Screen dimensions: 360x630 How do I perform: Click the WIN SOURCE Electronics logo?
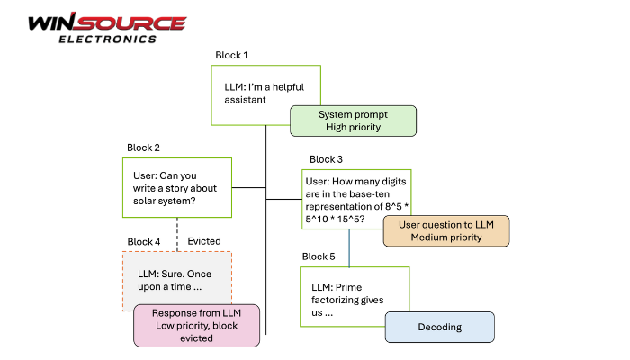pos(106,27)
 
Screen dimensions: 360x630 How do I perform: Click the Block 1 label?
pos(232,55)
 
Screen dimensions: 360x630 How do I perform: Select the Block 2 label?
pos(144,148)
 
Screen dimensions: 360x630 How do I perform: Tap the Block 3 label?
pos(326,159)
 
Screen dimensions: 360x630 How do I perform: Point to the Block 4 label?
pos(144,241)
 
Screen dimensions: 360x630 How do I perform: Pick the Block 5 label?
pos(319,256)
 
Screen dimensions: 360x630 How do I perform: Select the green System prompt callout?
pos(353,121)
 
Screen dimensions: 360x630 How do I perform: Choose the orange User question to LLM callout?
pos(445,230)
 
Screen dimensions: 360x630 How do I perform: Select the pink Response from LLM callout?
pos(197,325)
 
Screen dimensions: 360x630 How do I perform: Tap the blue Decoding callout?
pos(440,328)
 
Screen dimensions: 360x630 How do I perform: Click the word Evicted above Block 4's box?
pos(204,241)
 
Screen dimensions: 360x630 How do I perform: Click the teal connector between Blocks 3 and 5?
pos(349,247)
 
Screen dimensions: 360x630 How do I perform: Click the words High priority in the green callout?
pos(353,128)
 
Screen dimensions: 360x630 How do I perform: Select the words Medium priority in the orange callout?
pos(445,238)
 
